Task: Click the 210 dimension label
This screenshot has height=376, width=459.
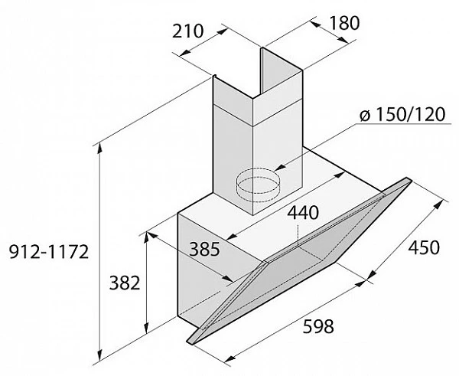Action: point(187,31)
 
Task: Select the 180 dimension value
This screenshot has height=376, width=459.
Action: point(344,23)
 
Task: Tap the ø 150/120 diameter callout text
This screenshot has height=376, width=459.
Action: point(402,114)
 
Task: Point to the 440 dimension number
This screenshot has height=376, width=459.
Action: point(302,212)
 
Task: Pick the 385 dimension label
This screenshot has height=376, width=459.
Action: point(204,249)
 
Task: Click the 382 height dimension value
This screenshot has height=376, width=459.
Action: point(125,283)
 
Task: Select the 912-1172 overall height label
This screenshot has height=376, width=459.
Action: point(49,251)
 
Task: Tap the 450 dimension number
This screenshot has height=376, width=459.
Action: point(424,247)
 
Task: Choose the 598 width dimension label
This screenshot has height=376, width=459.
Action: point(318,326)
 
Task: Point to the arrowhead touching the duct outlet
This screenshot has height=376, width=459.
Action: point(280,168)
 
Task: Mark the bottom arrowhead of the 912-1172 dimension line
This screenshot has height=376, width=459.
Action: point(100,355)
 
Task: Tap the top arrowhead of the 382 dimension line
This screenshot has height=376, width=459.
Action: point(146,237)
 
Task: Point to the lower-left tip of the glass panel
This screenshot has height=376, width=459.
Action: point(188,341)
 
